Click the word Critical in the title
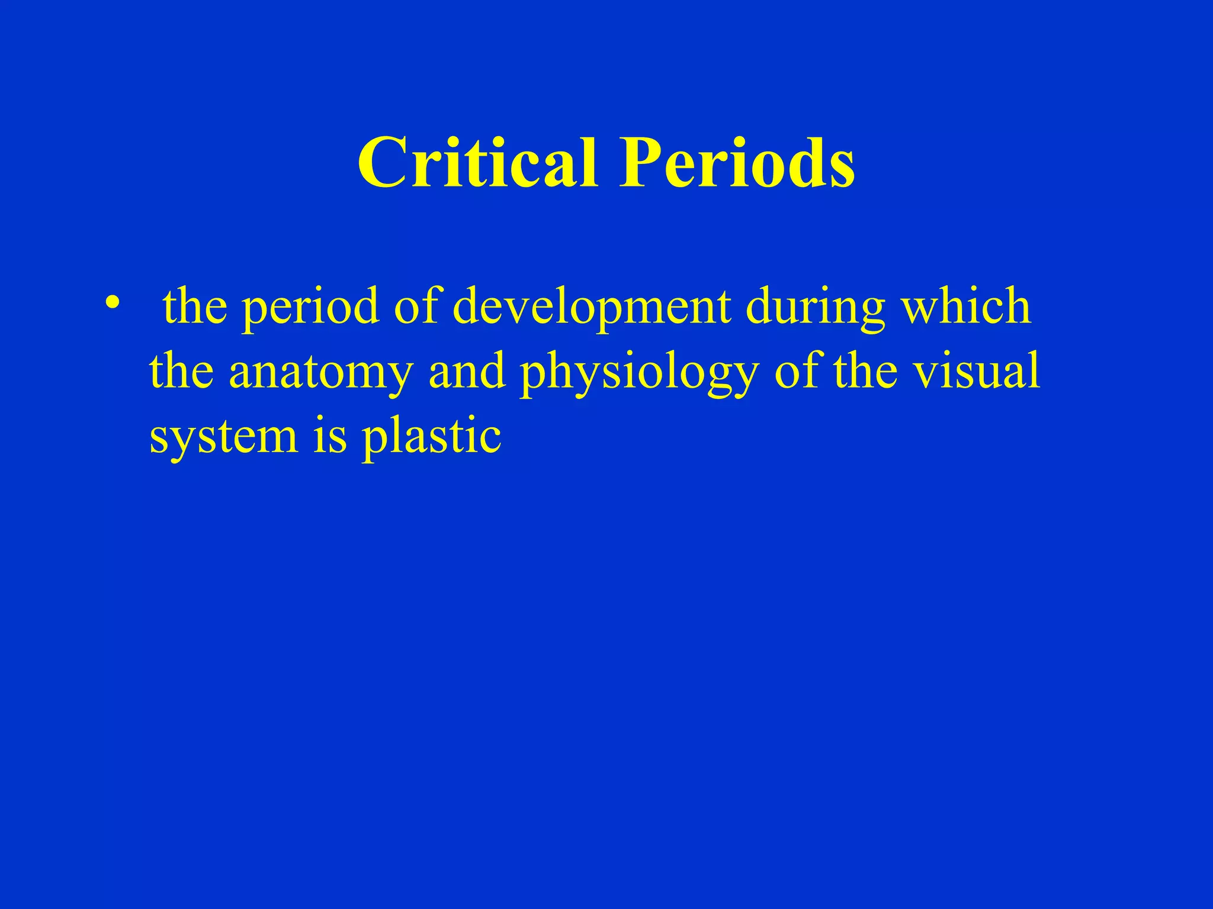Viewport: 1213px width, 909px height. [x=477, y=162]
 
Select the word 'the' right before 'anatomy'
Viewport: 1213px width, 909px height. [x=181, y=371]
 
